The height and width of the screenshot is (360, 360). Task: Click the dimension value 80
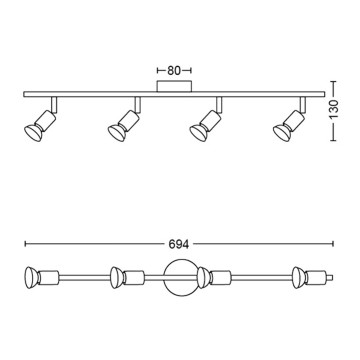pyautogui.click(x=174, y=71)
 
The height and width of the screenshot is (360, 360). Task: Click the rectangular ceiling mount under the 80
pyautogui.click(x=174, y=89)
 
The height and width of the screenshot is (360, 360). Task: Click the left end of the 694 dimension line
pyautogui.click(x=24, y=243)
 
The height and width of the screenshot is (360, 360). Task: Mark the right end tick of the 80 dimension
pyautogui.click(x=191, y=71)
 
